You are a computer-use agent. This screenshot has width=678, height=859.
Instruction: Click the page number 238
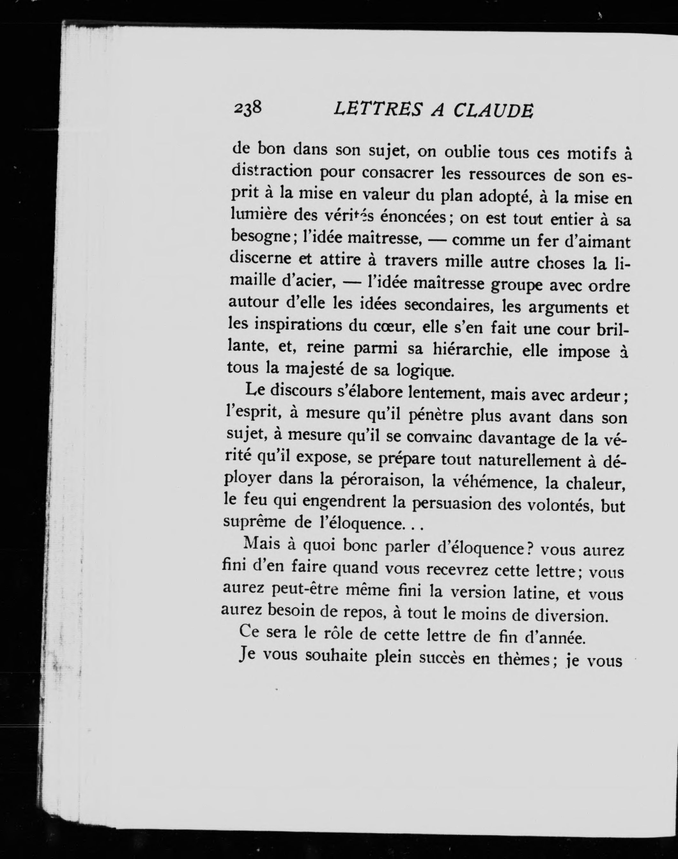coord(248,108)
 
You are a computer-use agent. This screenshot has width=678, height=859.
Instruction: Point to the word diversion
coord(571,616)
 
